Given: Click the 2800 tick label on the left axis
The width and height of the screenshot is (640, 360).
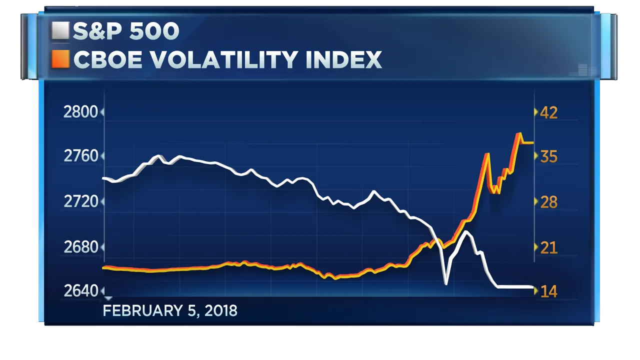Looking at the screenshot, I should click(x=80, y=112).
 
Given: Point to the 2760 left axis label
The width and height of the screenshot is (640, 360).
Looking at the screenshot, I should click(x=80, y=156).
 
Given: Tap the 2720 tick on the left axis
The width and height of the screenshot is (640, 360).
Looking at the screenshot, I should click(x=80, y=201).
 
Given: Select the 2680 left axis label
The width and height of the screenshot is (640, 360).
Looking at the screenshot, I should click(x=80, y=247).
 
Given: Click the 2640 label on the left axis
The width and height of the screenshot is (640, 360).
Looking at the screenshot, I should click(x=80, y=290).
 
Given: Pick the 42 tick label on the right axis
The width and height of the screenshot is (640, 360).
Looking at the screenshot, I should click(x=548, y=112).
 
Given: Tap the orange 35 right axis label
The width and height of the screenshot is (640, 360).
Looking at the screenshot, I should click(x=548, y=156).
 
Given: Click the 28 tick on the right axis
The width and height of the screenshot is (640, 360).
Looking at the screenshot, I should click(x=548, y=201).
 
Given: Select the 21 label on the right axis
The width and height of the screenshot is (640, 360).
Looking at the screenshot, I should click(x=548, y=247).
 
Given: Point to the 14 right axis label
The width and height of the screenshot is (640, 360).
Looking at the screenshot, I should click(x=548, y=290).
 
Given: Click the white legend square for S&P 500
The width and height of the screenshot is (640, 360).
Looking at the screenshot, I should click(x=60, y=31).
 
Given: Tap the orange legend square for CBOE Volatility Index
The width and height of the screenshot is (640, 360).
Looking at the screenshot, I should click(x=60, y=60).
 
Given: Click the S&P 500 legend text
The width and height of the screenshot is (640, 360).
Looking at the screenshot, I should click(x=126, y=31).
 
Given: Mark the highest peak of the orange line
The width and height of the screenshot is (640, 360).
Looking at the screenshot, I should click(x=518, y=134).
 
